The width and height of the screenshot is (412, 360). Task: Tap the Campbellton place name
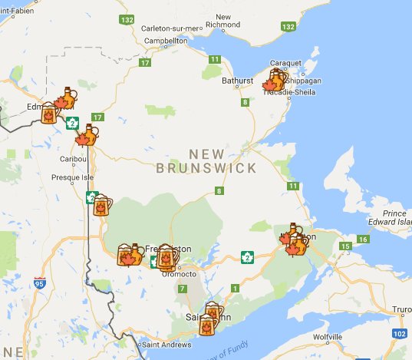coord(167,40)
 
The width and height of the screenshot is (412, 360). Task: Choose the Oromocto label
coord(183,273)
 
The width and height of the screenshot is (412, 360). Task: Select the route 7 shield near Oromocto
coord(182,289)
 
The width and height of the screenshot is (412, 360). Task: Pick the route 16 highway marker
coord(363,239)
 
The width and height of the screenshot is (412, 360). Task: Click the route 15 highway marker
coord(346,246)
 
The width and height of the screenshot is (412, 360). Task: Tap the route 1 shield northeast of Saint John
coord(234,288)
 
